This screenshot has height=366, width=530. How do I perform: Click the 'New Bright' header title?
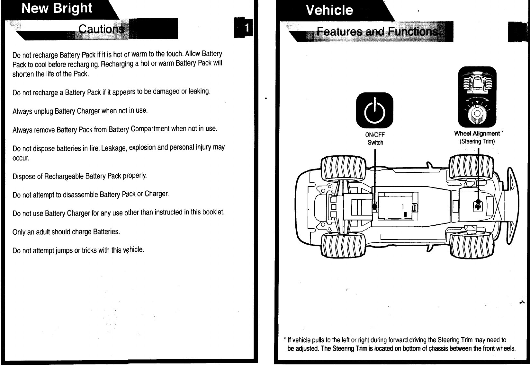[x=57, y=8]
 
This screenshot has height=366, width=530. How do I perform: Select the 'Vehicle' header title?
[x=329, y=10]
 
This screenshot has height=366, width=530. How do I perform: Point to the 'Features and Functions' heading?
[x=377, y=32]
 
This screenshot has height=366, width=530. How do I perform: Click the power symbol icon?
[x=374, y=110]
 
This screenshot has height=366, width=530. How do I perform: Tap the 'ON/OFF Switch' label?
[x=375, y=139]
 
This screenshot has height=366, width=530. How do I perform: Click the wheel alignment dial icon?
[x=477, y=97]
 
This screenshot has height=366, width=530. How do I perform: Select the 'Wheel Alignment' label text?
[x=477, y=134]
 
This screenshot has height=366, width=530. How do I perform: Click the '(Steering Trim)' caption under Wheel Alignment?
[x=477, y=142]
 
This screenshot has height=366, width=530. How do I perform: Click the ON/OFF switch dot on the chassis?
[x=374, y=206]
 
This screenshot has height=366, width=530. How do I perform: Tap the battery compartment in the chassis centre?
[x=398, y=206]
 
